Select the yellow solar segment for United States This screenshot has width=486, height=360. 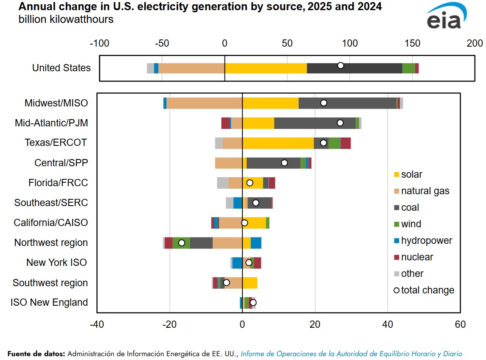266,68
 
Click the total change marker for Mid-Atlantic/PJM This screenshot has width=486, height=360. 340,123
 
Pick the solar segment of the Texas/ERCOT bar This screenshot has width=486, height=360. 278,143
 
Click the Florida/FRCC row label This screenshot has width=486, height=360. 58,183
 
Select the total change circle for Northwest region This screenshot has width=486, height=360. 182,243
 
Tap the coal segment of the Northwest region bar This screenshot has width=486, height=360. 201,243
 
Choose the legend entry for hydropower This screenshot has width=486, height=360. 426,240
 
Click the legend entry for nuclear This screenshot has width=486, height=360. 417,257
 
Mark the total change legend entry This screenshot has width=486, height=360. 427,290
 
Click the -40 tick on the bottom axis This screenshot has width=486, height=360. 97,324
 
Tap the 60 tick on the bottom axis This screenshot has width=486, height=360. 460,324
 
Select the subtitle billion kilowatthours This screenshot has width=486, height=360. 66,20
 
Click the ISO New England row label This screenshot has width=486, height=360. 49,302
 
